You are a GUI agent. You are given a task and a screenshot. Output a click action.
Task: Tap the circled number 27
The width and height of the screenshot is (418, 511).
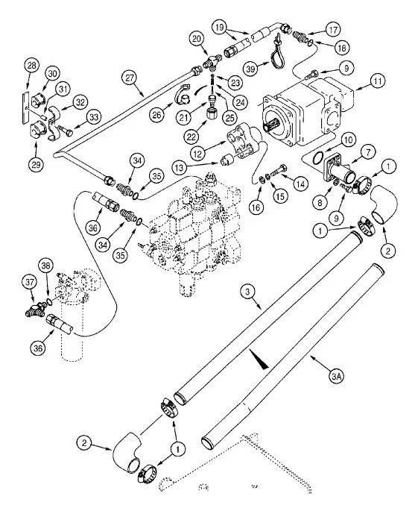[x=130, y=78]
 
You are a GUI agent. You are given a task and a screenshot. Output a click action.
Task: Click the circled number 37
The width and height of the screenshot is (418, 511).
[x=30, y=281]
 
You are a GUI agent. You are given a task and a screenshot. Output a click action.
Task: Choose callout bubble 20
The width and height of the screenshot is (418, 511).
[x=197, y=38]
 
